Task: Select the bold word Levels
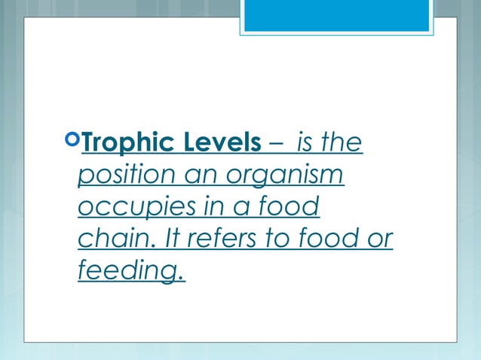pyautogui.click(x=213, y=142)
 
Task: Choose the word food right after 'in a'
pyautogui.click(x=289, y=207)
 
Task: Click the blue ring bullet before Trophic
pyautogui.click(x=72, y=139)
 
